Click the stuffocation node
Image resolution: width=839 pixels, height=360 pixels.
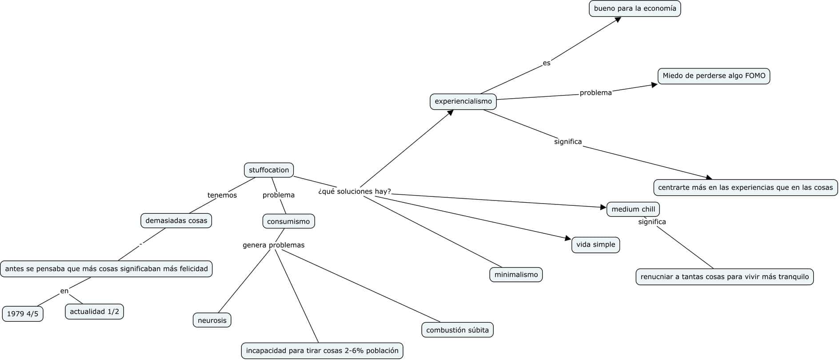(269, 170)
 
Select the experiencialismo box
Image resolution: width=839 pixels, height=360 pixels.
(463, 101)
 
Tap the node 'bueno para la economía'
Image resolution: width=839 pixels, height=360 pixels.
(635, 8)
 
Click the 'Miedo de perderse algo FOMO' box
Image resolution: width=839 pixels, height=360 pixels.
(714, 76)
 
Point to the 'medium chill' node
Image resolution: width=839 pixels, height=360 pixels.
(633, 209)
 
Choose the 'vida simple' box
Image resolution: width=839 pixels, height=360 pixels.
(595, 245)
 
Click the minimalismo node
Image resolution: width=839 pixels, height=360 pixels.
(516, 275)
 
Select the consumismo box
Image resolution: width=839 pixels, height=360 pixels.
(288, 221)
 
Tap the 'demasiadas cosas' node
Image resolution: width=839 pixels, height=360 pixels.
(176, 221)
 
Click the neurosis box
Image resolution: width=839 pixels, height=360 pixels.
(212, 320)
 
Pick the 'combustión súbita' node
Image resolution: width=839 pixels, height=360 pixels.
(457, 330)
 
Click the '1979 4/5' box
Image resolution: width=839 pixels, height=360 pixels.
(23, 314)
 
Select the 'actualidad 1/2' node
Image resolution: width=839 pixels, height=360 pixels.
(94, 312)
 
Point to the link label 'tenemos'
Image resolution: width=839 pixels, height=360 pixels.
(222, 195)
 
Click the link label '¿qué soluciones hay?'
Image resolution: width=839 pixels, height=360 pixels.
(355, 192)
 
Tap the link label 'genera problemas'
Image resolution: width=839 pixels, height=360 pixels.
(273, 245)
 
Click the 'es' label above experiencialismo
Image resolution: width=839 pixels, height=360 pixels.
(546, 63)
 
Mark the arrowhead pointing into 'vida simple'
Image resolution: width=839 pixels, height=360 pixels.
(567, 239)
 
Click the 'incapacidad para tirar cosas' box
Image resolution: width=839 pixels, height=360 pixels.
(322, 351)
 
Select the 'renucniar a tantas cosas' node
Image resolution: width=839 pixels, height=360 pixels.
(724, 277)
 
